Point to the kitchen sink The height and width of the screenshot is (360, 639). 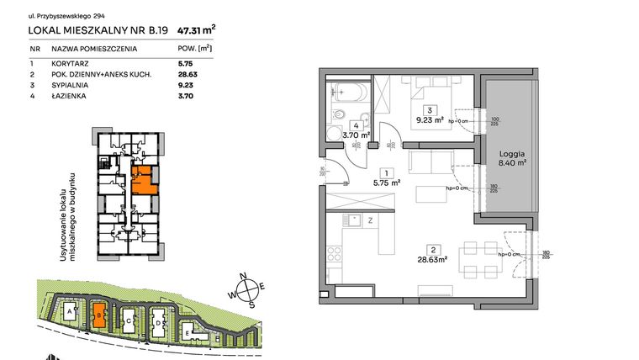pyautogui.click(x=353, y=222)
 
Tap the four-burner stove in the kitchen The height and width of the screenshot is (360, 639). pyautogui.click(x=335, y=252)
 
